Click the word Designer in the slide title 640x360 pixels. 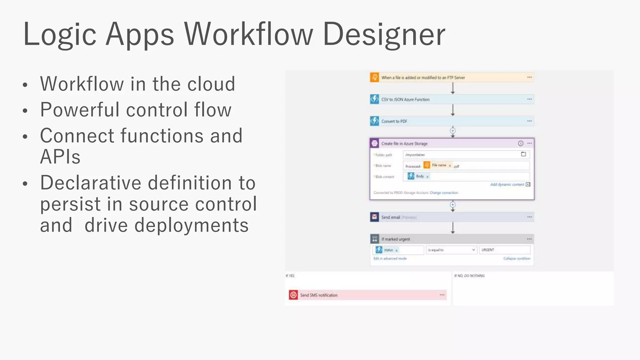[384, 34]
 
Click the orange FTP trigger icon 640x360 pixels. [374, 77]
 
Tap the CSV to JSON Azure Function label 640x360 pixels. [405, 99]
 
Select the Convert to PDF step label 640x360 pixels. [394, 121]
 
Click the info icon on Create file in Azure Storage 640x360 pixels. [521, 143]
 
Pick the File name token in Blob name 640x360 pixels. [439, 165]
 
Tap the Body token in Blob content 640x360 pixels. [419, 177]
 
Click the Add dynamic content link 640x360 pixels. [507, 185]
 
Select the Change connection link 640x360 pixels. [444, 193]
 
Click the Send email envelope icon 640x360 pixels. [374, 217]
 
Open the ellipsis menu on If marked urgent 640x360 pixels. [529, 239]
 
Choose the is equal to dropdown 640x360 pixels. [451, 250]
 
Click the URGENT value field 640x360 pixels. [504, 250]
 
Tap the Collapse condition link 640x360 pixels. [517, 258]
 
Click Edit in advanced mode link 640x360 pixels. [390, 258]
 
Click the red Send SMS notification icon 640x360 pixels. [293, 295]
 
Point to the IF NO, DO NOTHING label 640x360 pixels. [469, 276]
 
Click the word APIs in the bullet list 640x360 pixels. [60, 157]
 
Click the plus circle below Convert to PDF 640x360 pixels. [452, 131]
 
